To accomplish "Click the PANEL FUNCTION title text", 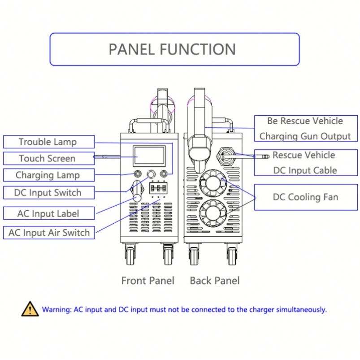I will [172, 49].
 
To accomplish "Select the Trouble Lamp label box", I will [48, 142].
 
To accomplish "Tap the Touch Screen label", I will [47, 158].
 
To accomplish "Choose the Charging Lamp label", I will [48, 175].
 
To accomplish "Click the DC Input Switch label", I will [48, 193].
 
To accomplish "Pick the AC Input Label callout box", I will [48, 213].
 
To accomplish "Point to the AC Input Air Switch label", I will [49, 232].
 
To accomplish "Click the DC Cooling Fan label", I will [305, 197].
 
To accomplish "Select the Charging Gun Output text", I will [305, 136].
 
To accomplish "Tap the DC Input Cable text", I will [305, 170].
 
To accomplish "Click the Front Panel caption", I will [147, 281].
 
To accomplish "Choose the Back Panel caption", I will [215, 281].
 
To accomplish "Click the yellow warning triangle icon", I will [30, 309].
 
